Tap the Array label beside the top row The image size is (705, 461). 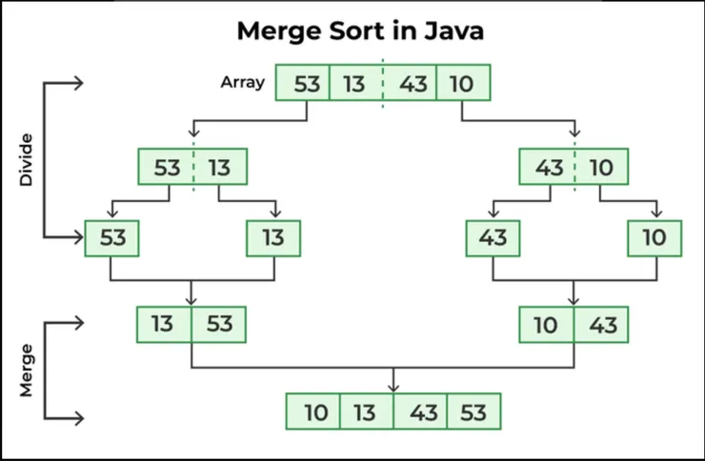tap(243, 82)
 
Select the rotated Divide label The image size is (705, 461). tap(28, 157)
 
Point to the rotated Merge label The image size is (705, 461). tap(28, 370)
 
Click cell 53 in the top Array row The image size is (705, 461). tap(306, 83)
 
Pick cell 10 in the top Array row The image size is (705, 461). tap(462, 83)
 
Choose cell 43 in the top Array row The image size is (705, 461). tap(412, 83)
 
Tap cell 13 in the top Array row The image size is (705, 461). tap(354, 83)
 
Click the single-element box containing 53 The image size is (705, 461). tap(112, 238)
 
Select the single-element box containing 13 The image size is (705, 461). tap(273, 238)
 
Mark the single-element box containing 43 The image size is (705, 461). tap(493, 238)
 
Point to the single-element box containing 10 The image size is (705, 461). tap(655, 238)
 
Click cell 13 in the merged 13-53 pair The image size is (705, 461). tap(163, 325)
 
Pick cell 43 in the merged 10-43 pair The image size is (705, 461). tap(602, 325)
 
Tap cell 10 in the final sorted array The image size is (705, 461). tap(315, 412)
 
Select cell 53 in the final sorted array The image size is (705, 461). tap(473, 412)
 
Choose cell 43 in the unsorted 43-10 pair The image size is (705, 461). tap(549, 168)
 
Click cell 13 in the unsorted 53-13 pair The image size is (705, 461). tap(220, 168)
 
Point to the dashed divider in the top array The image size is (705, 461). tap(384, 83)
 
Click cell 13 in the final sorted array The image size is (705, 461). tap(367, 412)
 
